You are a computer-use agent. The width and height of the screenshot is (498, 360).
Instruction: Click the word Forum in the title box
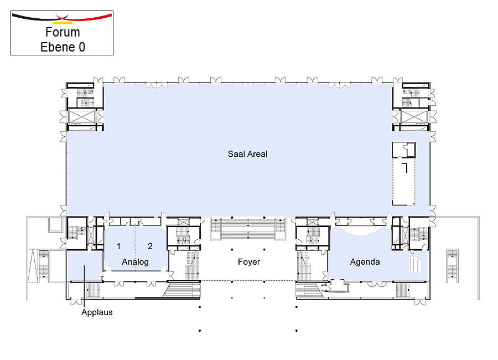(x=63, y=32)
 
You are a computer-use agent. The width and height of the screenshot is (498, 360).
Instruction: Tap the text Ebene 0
(x=63, y=47)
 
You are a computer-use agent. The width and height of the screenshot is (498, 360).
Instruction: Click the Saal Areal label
(x=248, y=154)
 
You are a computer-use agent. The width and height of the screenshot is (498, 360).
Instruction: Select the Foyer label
(x=249, y=262)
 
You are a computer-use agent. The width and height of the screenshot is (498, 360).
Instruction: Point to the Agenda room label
(x=365, y=262)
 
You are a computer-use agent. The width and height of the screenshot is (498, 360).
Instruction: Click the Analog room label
(x=136, y=262)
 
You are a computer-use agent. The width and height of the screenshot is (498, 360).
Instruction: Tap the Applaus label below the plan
(x=97, y=312)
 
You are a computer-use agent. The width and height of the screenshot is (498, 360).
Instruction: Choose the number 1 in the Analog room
(x=118, y=246)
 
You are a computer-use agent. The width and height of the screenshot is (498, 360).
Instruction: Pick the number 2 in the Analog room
(x=150, y=246)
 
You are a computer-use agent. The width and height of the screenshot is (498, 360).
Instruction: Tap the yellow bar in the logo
(x=63, y=23)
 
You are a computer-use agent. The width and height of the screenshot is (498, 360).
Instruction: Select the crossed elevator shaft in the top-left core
(x=82, y=117)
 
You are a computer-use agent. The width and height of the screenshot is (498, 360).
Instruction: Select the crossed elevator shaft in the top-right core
(x=413, y=117)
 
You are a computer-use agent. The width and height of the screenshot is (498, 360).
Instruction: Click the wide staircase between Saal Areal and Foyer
(x=248, y=229)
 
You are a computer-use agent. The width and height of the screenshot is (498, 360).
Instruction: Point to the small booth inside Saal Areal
(x=404, y=150)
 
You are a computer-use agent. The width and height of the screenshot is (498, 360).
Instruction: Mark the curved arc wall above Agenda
(x=361, y=232)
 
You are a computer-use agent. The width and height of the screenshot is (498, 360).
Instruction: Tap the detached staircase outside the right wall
(x=452, y=266)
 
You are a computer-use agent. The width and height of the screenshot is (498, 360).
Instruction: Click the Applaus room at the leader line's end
(x=85, y=265)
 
